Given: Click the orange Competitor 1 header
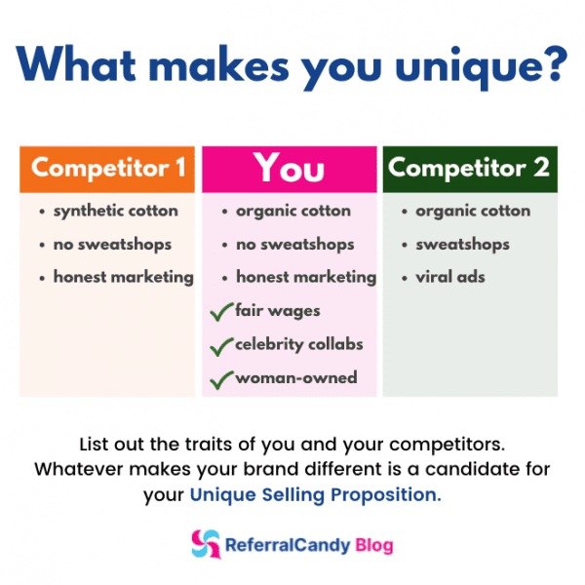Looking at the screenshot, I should point(107,169).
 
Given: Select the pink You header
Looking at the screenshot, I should point(289,169).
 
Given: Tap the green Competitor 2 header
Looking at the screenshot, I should point(469,168).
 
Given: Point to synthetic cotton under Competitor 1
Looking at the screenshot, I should point(115,211).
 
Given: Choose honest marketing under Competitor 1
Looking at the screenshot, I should point(123,277).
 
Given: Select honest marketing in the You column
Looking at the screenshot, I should point(305,277).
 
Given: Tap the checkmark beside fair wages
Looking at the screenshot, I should point(221,311).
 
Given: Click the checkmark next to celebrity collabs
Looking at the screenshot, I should point(221,344).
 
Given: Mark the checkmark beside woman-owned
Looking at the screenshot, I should point(221,377).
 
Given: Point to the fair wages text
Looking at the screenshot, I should point(277,311).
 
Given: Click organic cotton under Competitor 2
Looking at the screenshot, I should point(473,211).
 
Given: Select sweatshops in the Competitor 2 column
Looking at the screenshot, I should point(462,244).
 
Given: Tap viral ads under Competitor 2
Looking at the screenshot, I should point(449,277).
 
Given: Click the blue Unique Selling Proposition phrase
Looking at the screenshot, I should point(315,494).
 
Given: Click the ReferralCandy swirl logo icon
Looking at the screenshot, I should point(206,543).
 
